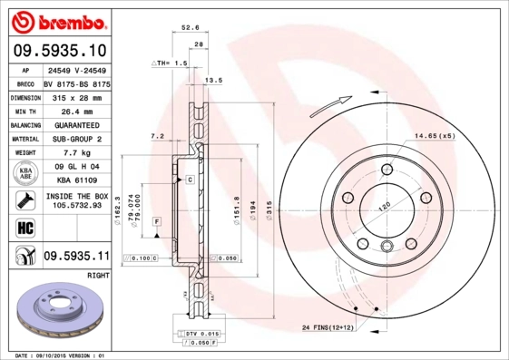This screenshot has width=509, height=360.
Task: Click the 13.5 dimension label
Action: click(214, 81)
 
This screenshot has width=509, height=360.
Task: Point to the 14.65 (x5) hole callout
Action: click(434, 135)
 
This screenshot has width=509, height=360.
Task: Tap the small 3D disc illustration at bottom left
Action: click(55, 312)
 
